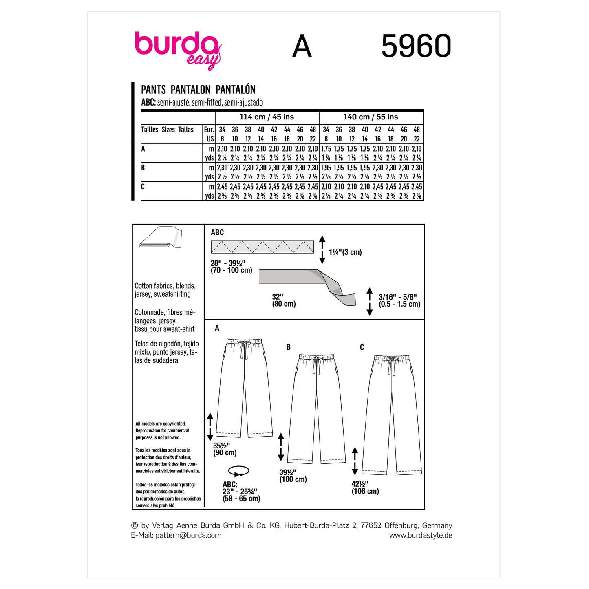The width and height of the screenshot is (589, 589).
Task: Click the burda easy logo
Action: [178, 49]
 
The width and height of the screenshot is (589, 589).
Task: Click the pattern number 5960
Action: [416, 46]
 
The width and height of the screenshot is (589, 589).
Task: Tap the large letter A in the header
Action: [302, 46]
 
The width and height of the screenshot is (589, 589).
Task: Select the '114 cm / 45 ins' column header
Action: [267, 117]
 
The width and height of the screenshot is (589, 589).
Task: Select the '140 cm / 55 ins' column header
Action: [371, 117]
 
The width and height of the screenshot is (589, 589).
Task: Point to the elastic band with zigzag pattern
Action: [262, 247]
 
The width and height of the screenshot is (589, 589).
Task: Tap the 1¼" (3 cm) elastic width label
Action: [345, 252]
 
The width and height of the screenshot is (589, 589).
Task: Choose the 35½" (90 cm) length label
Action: [225, 449]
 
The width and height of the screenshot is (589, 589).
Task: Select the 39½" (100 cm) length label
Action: [293, 476]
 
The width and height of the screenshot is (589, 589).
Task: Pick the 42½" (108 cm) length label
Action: [365, 488]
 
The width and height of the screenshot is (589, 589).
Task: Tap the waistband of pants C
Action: [392, 358]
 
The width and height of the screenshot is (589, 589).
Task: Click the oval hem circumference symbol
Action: [238, 472]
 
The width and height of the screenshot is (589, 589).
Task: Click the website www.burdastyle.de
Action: [420, 535]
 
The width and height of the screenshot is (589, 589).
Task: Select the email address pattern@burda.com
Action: [188, 535]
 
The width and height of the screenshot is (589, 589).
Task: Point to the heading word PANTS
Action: [153, 90]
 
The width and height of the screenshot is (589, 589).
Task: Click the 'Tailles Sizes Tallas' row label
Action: [167, 130]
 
